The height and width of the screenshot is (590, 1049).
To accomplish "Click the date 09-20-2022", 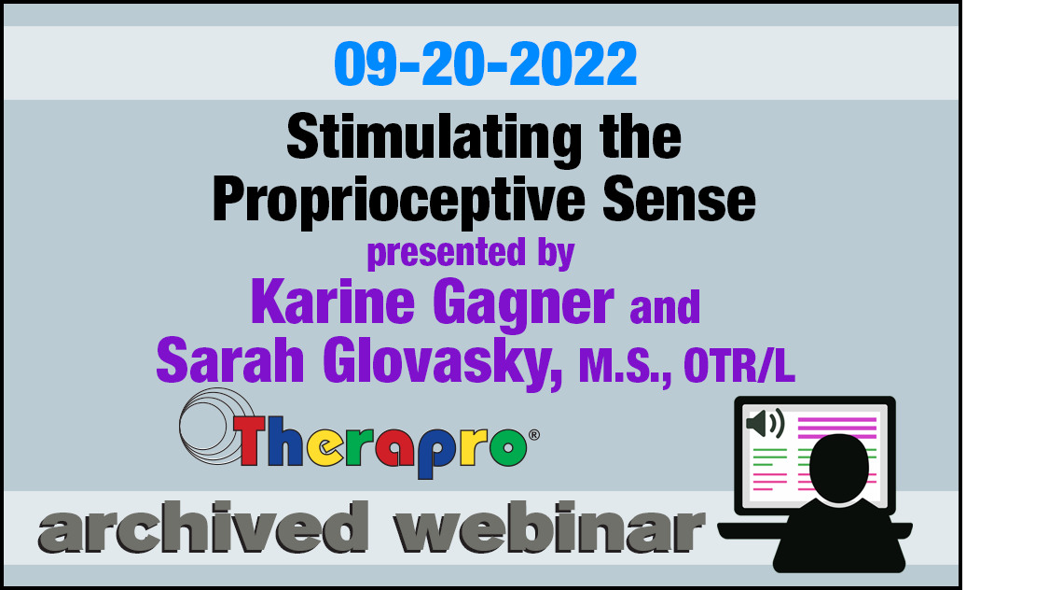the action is click(x=486, y=64).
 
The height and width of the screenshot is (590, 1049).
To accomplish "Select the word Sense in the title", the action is click(x=679, y=200).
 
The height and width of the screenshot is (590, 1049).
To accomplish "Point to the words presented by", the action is click(x=471, y=253).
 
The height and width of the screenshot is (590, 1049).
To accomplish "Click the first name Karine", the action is click(x=333, y=302).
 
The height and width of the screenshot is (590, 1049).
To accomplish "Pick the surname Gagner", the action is click(x=523, y=304).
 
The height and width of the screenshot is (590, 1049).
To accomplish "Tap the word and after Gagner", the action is click(x=665, y=307).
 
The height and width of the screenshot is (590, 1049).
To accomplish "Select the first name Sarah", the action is click(x=230, y=361).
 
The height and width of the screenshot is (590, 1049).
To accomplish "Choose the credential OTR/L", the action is click(x=739, y=366).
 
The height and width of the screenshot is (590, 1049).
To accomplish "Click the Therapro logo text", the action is click(x=380, y=445).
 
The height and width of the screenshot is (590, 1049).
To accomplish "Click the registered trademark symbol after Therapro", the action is click(x=534, y=435).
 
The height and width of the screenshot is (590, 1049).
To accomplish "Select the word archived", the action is click(x=203, y=527).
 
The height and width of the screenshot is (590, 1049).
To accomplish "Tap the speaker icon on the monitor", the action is click(x=766, y=423).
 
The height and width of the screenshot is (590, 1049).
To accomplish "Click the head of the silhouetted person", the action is click(x=839, y=468).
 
